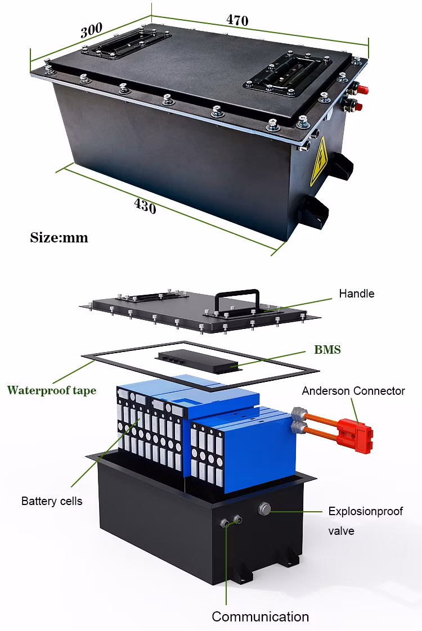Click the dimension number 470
point(237,20)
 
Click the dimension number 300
point(92,30)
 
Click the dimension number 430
point(145,206)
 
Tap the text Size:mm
point(59,237)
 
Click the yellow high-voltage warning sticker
point(320,163)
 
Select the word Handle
point(356,294)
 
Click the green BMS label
point(327,350)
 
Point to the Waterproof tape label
point(51,390)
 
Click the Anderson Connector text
point(353,391)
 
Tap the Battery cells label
point(52,501)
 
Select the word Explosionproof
point(366,512)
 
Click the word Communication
point(260,616)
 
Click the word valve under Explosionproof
point(341,530)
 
